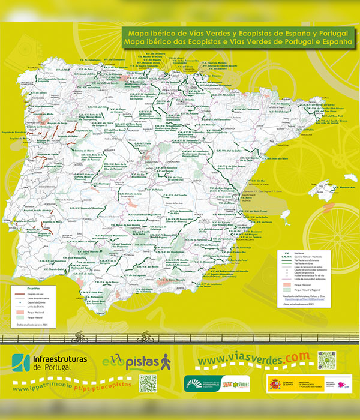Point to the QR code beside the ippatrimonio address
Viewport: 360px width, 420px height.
point(148,383)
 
